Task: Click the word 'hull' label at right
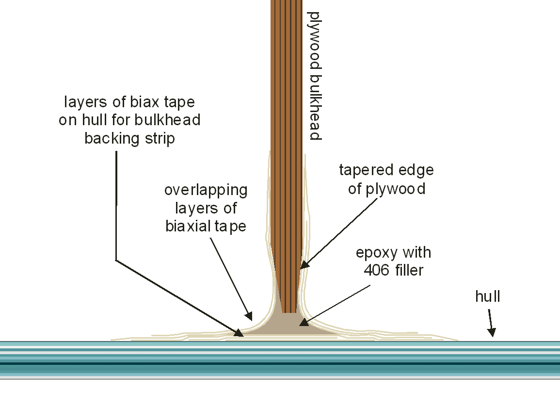click(487, 296)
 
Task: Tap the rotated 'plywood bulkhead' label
click(315, 76)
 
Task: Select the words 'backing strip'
click(130, 138)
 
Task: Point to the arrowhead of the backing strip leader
click(239, 333)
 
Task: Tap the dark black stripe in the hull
click(280, 363)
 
